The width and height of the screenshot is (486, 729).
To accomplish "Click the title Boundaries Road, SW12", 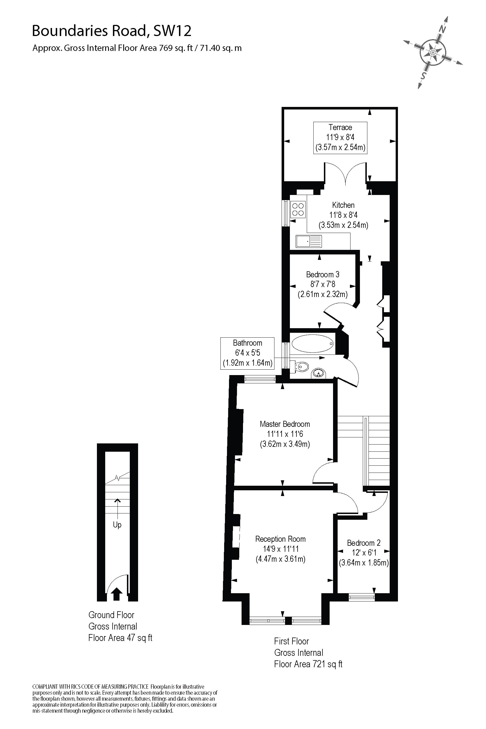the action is [111, 31].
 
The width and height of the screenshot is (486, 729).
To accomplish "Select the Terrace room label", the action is [340, 128].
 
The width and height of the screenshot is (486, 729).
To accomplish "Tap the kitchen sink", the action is [309, 241].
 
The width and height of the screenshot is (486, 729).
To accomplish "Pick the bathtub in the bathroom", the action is [312, 343].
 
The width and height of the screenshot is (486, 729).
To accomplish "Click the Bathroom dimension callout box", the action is [247, 353].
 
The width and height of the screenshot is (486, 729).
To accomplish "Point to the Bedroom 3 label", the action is [323, 274].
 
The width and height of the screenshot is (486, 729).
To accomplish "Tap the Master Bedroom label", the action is [285, 424].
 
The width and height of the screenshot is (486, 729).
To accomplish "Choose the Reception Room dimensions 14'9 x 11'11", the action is [281, 549].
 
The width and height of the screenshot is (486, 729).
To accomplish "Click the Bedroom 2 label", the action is [364, 543].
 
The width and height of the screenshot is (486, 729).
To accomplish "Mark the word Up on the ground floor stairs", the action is [117, 525].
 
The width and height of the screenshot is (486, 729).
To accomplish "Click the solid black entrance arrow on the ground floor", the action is [117, 594].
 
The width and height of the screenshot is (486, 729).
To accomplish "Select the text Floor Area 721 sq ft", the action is [308, 664].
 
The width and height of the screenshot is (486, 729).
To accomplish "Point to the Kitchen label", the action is [343, 205].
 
